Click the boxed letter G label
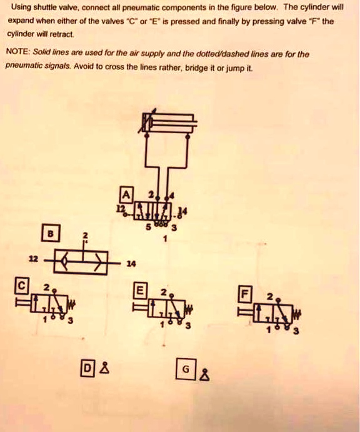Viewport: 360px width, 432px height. point(184,368)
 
